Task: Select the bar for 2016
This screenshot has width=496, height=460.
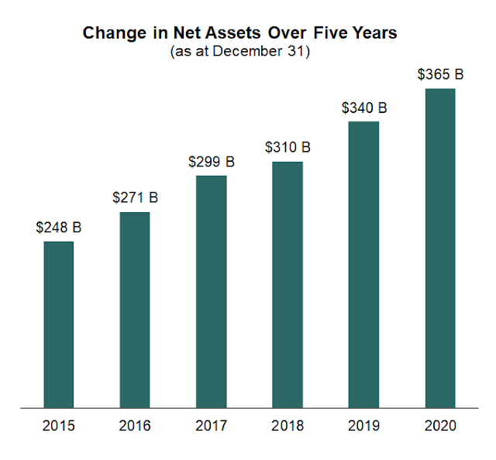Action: pos(135,309)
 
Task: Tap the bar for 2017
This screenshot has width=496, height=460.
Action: pos(211,290)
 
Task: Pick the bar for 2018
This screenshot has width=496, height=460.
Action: pos(288,283)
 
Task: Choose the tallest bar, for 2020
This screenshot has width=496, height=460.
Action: pos(439,247)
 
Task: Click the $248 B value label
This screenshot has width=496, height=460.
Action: pos(58,228)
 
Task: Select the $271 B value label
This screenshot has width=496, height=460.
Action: pos(135,198)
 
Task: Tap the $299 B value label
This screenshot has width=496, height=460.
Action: pos(211,162)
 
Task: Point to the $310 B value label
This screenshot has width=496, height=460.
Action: pos(288,147)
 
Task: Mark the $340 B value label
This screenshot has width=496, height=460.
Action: pos(363,108)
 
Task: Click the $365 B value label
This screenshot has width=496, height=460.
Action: pos(439,75)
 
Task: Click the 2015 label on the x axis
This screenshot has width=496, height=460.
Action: pos(58,425)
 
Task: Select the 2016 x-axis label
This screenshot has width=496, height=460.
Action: pos(135,425)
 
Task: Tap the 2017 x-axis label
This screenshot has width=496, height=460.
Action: pos(211,425)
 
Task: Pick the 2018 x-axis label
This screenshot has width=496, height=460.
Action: pos(288,425)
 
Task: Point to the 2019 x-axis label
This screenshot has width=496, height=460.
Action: pos(363,425)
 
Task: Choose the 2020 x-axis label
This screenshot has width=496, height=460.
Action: pos(439,425)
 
